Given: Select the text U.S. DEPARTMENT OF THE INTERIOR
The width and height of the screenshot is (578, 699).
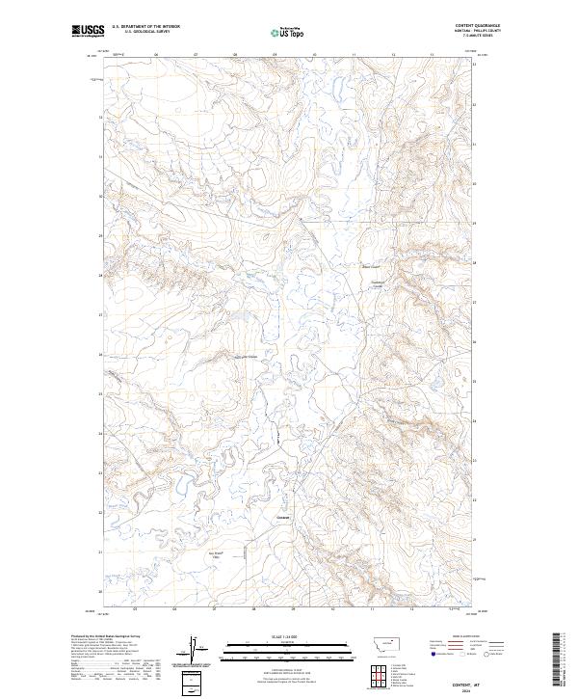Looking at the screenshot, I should (145, 26).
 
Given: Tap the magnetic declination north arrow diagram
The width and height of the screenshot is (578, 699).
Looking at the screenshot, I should (195, 648).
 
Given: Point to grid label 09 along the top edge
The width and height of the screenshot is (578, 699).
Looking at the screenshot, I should (276, 55).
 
